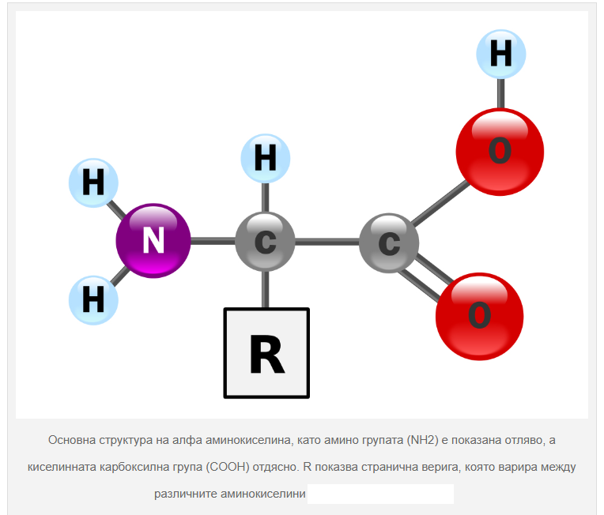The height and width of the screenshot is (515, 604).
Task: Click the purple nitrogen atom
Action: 153,241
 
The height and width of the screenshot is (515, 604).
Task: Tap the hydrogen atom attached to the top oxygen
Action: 500,54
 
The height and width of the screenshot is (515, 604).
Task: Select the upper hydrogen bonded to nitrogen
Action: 93,183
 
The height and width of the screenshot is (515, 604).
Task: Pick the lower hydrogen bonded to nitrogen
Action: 93,300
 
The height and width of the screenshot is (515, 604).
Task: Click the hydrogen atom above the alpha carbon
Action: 265,158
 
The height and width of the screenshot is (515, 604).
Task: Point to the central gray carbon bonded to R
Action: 265,241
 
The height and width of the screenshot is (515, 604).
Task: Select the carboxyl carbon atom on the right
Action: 388,242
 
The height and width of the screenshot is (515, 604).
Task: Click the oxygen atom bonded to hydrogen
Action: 499,151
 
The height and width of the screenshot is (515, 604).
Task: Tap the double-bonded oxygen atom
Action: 479,315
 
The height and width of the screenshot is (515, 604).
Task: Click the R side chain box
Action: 266,353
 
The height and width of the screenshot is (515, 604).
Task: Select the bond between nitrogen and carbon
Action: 212,241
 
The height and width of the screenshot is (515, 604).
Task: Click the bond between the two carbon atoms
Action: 327,242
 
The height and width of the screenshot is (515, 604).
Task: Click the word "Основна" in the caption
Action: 70,440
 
